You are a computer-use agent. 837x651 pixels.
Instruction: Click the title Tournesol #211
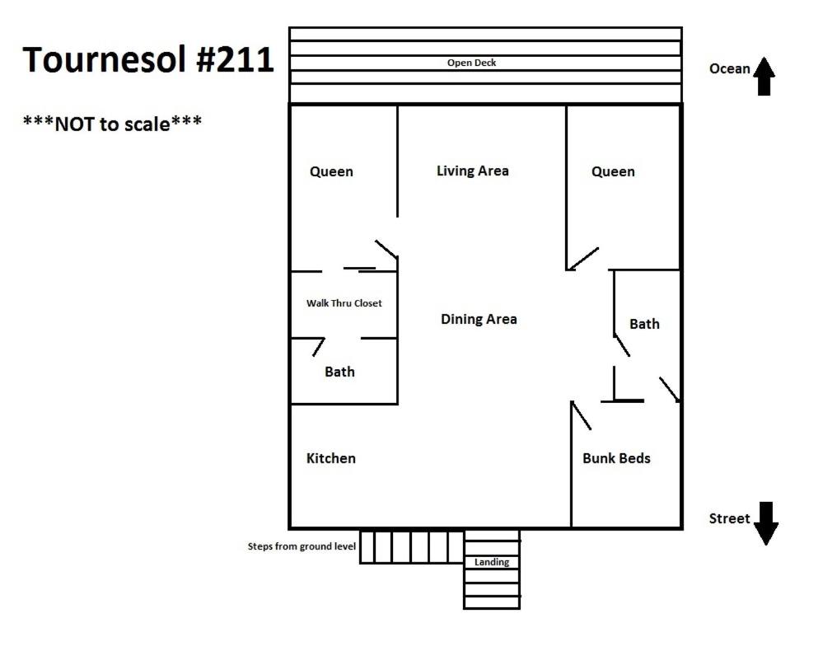coord(147,59)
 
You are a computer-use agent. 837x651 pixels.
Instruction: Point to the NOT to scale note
coord(112,124)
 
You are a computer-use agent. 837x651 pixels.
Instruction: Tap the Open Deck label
coord(471,63)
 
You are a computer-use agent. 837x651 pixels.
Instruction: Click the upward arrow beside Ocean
coord(764,77)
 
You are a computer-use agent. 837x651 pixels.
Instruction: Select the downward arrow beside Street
coord(766,523)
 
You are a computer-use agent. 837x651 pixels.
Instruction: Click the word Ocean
coord(729,68)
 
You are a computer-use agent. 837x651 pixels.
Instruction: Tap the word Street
coord(729,518)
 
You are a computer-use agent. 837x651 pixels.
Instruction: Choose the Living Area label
coord(472,171)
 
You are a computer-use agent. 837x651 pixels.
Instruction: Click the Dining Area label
coord(479,320)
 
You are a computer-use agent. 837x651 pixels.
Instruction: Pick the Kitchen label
coord(331,458)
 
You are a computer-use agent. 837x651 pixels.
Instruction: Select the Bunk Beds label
coord(616,458)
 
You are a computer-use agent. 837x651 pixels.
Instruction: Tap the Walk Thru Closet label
coord(344,303)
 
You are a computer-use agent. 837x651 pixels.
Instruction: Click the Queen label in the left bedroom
coord(331,172)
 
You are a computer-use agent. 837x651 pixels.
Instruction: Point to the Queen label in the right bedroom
coord(614,172)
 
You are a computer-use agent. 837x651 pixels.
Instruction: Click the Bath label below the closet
coord(339,372)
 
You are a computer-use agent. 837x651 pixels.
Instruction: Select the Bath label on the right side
coord(644,324)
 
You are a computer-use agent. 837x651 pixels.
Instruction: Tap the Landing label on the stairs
coord(492,562)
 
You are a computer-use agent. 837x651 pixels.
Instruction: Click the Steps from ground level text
coord(302,546)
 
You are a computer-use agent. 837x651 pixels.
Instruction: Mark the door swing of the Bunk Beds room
coord(581,415)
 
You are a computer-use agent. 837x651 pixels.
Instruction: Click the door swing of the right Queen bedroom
coord(583,259)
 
